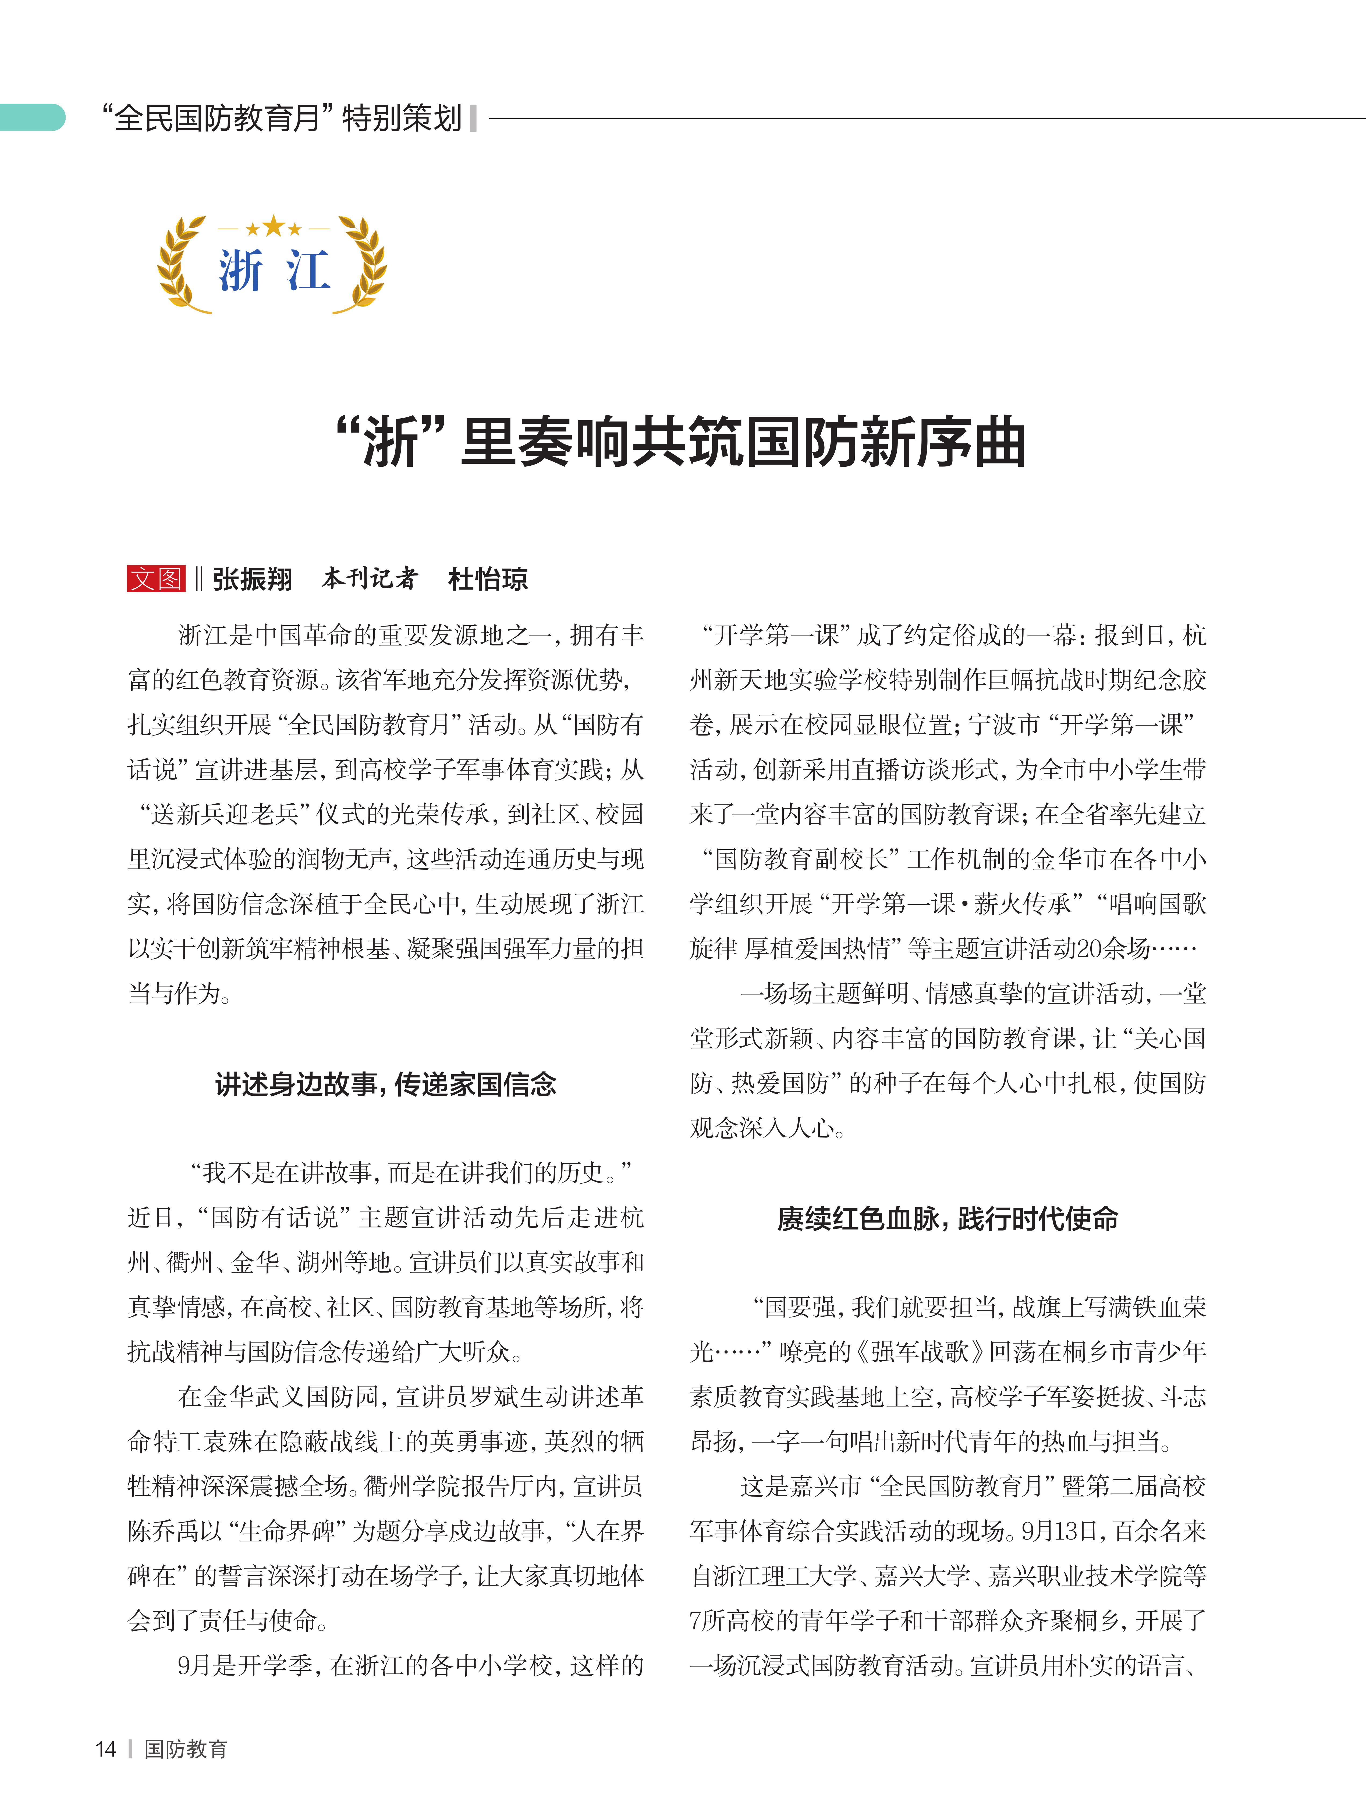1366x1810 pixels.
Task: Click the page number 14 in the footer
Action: [x=106, y=1749]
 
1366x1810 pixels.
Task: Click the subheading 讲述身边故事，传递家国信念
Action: [x=385, y=1084]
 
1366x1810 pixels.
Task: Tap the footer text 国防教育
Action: [x=186, y=1749]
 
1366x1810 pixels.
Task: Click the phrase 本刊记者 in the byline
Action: [x=370, y=579]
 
